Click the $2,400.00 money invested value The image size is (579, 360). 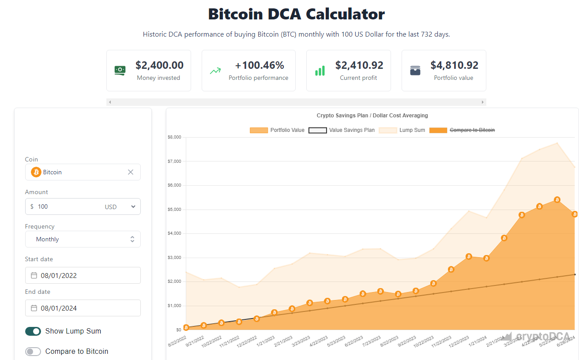tap(159, 65)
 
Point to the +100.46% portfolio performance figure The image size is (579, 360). tap(259, 65)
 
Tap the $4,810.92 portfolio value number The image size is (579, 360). tap(455, 65)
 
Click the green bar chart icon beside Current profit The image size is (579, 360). tap(320, 71)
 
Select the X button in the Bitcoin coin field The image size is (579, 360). tap(131, 172)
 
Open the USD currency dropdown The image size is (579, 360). tap(120, 206)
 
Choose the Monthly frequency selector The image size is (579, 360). tap(83, 239)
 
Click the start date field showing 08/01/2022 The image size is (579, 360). tap(83, 275)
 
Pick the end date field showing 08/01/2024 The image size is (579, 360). tap(83, 308)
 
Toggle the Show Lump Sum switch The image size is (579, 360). tap(33, 331)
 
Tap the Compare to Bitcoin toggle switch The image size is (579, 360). tap(33, 352)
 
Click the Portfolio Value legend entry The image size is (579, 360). tap(277, 130)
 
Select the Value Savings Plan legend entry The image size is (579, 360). tap(342, 130)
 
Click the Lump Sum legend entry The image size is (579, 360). tap(402, 130)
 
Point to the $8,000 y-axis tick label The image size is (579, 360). tap(174, 137)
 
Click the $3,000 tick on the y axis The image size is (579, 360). tap(174, 258)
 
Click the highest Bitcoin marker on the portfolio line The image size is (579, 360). tap(557, 200)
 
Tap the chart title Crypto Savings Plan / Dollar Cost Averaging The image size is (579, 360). tap(372, 116)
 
